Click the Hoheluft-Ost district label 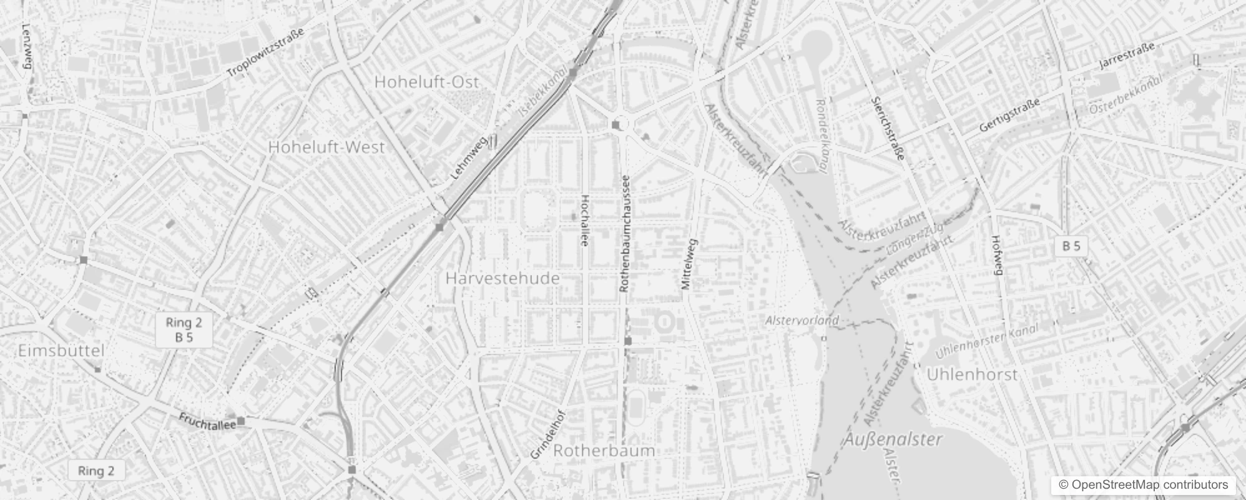(427, 82)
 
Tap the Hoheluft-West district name (326, 147)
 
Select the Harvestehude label (503, 279)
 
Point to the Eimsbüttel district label (61, 351)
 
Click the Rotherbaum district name (604, 451)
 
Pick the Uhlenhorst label (972, 374)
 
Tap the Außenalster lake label (894, 439)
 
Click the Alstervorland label (802, 321)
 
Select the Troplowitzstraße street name (265, 53)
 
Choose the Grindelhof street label (547, 435)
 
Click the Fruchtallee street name (207, 421)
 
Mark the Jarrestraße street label (1127, 56)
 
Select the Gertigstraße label (1009, 116)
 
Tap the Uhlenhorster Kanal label (986, 341)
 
